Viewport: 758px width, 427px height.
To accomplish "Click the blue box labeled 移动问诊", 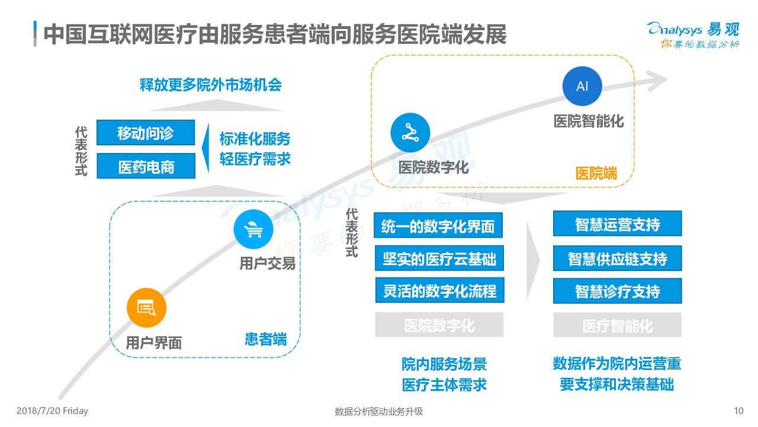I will tap(146, 133).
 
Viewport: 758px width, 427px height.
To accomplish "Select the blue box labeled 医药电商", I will tap(146, 166).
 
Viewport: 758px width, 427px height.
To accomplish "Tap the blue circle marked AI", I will tap(582, 86).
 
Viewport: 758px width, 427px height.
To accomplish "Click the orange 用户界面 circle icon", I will tap(146, 308).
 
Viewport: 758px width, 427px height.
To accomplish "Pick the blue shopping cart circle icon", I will tap(253, 229).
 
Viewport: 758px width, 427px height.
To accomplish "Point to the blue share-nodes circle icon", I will tap(410, 133).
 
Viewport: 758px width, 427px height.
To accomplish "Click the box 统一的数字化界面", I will tap(438, 225).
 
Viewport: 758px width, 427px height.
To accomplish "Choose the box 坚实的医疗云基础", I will tap(439, 259).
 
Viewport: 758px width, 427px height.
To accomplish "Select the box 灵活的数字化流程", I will tap(439, 291).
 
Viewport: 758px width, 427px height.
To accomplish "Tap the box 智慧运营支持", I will tap(617, 224).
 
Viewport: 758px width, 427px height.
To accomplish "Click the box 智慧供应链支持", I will tap(617, 258).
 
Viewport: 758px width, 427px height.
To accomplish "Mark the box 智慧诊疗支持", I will tap(617, 291).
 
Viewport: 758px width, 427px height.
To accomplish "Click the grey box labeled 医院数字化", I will tap(439, 325).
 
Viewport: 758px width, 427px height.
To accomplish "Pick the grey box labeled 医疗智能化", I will tap(617, 326).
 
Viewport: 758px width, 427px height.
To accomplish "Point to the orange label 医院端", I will tap(596, 173).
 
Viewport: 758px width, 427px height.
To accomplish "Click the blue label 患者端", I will tap(266, 339).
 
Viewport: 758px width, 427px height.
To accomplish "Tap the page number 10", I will tap(738, 411).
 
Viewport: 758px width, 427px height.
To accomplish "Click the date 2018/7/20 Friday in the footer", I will tap(52, 411).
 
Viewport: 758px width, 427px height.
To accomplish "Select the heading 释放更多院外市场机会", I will tap(210, 84).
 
